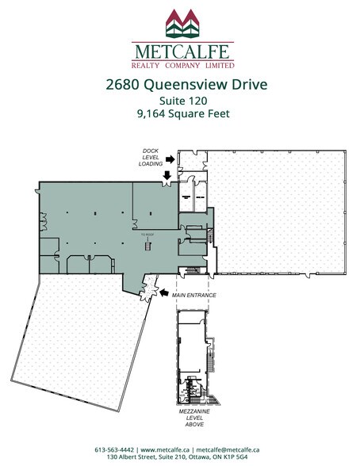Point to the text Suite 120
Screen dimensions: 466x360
pos(180,101)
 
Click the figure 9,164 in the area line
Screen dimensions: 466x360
pos(151,114)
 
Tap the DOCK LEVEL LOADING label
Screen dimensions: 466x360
pos(151,157)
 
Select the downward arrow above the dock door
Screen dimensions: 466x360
pos(167,174)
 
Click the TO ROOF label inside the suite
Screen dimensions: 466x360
pos(146,235)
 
